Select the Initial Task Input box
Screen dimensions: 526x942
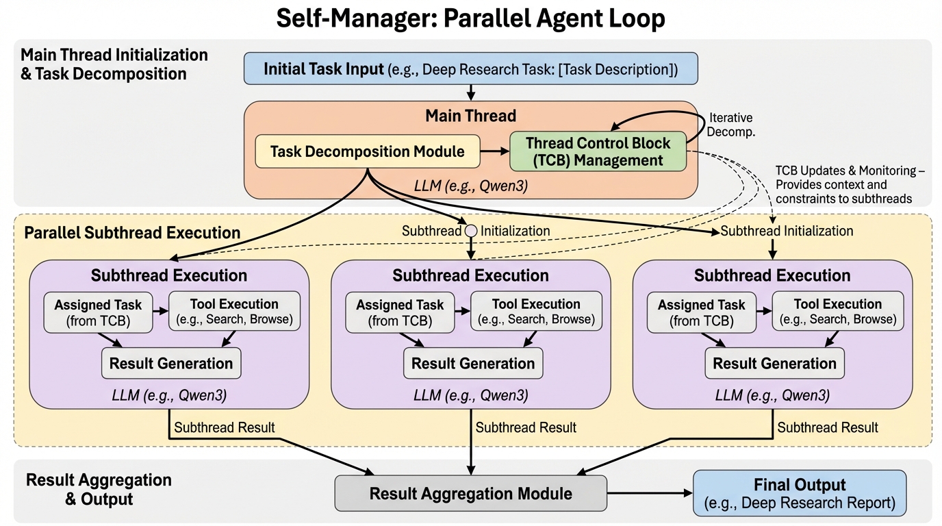pyautogui.click(x=470, y=69)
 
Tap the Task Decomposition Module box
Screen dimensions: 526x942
pyautogui.click(x=367, y=151)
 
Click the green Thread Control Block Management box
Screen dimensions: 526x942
pyautogui.click(x=598, y=151)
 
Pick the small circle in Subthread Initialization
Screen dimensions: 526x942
pyautogui.click(x=471, y=231)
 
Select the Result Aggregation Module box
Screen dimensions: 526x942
pyautogui.click(x=470, y=493)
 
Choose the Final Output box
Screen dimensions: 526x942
pyautogui.click(x=800, y=493)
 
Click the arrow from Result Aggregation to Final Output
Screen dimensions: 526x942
pyautogui.click(x=650, y=493)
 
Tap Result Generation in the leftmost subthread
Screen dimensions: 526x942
pyautogui.click(x=171, y=363)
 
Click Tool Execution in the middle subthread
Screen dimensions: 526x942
pyautogui.click(x=536, y=311)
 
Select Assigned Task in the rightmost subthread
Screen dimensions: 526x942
pyautogui.click(x=701, y=312)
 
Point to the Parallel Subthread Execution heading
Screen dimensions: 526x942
pyautogui.click(x=132, y=232)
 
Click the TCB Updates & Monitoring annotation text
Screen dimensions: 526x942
pyautogui.click(x=850, y=184)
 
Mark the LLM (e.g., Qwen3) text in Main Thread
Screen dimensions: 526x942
pyautogui.click(x=471, y=186)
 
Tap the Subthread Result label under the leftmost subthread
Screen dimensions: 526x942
pyautogui.click(x=225, y=428)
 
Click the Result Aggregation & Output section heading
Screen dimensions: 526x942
pyautogui.click(x=99, y=489)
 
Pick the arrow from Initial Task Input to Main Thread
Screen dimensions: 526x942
pyautogui.click(x=471, y=92)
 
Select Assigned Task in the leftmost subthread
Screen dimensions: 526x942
pyautogui.click(x=98, y=312)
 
